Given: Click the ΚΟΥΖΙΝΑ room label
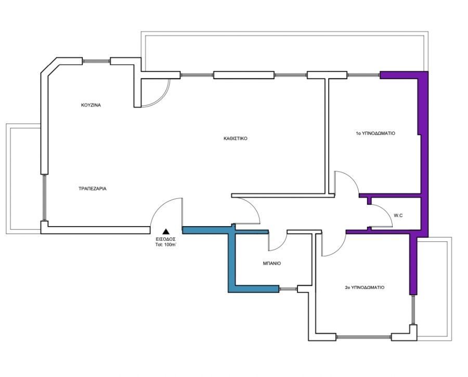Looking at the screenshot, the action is coord(91,105).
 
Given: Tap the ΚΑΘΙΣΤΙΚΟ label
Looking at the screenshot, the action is coord(235,138).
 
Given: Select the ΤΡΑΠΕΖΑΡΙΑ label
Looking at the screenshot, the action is coord(93,189).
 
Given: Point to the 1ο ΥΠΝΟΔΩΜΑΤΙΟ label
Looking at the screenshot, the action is coord(375,134).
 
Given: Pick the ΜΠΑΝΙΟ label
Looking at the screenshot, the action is coord(272,264).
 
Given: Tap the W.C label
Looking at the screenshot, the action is coord(398,215).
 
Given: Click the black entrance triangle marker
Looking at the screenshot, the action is coord(166,231).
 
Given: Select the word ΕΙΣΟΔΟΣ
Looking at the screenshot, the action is coord(166,239).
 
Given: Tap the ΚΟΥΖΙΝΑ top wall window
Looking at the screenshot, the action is coord(96,61).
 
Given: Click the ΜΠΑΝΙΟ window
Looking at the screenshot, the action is coord(288,289).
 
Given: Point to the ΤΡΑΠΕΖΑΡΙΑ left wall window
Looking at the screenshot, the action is coord(44,198).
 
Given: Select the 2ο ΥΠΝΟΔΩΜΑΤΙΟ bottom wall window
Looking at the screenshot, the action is coord(363,337).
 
